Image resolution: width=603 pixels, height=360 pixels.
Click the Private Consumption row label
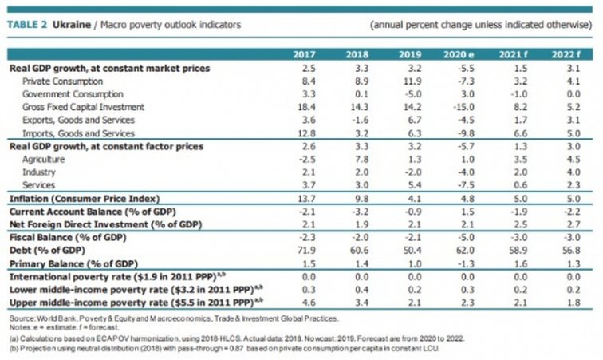click(x=62, y=81)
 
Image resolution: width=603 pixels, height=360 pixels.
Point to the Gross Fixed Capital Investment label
click(x=84, y=107)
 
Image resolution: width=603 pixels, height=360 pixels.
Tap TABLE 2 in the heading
click(x=27, y=23)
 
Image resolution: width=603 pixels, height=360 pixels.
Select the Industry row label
click(x=38, y=172)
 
